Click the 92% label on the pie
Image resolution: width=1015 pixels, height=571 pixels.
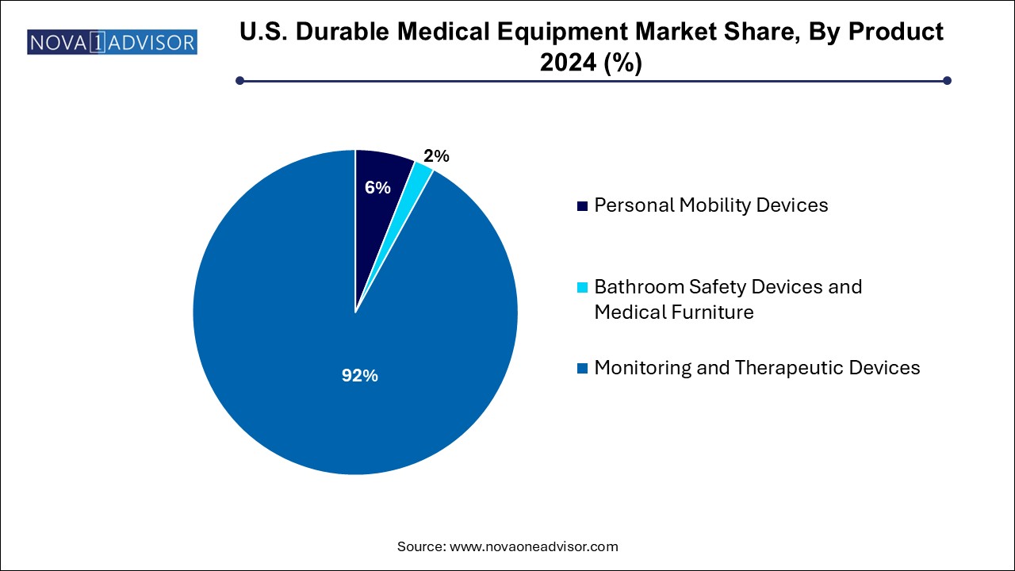pyautogui.click(x=359, y=376)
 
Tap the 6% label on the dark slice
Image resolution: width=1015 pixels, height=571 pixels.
pyautogui.click(x=377, y=188)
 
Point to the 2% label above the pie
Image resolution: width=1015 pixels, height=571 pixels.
pyautogui.click(x=436, y=156)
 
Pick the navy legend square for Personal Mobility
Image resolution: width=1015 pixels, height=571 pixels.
pyautogui.click(x=583, y=205)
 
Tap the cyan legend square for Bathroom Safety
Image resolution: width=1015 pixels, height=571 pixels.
pyautogui.click(x=583, y=286)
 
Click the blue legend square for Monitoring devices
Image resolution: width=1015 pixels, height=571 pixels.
pyautogui.click(x=583, y=368)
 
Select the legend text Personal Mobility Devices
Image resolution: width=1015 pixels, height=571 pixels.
pyautogui.click(x=711, y=205)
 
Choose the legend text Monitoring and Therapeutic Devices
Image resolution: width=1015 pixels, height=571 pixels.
pyautogui.click(x=757, y=368)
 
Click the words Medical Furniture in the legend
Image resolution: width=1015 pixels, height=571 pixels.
pyautogui.click(x=674, y=312)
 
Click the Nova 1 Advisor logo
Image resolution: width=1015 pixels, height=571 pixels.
pyautogui.click(x=112, y=41)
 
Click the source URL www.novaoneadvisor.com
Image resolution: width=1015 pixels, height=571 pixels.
pyautogui.click(x=534, y=546)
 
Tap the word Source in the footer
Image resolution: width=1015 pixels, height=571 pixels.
pyautogui.click(x=420, y=546)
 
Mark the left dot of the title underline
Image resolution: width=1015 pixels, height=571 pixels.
pyautogui.click(x=239, y=80)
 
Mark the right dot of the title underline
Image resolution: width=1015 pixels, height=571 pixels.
pyautogui.click(x=946, y=80)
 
